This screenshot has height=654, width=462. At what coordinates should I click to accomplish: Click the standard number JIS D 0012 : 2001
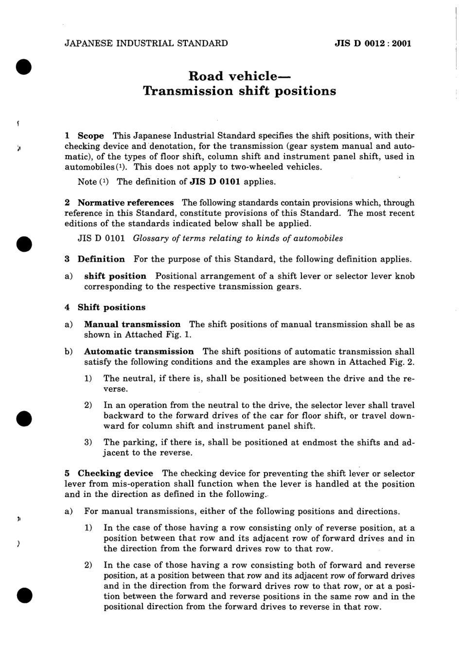[373, 43]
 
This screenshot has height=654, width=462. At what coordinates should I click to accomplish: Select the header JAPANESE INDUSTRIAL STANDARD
[146, 43]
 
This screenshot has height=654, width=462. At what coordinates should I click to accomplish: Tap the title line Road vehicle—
[239, 76]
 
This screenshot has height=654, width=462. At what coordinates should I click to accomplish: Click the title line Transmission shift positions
[239, 91]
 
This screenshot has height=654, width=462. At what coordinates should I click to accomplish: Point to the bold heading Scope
[91, 136]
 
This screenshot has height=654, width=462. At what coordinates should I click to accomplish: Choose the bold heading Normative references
[125, 203]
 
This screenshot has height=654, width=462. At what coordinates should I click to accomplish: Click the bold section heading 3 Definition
[95, 259]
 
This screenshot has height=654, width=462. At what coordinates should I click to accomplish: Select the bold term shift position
[115, 276]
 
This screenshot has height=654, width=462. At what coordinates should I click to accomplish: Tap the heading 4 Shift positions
[105, 307]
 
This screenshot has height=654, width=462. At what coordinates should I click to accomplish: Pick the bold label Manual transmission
[132, 324]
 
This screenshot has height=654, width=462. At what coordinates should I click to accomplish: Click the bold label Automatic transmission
[139, 352]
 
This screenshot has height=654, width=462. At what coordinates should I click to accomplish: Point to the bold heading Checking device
[115, 474]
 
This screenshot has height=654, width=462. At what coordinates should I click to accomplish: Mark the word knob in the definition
[405, 276]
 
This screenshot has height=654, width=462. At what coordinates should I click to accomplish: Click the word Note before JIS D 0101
[87, 182]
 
